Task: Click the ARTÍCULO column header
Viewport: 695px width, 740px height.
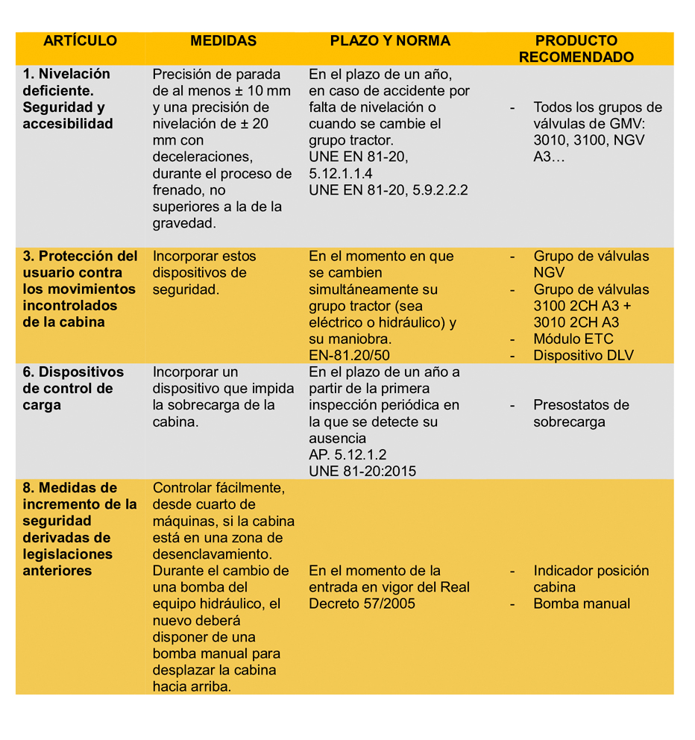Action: tap(80, 41)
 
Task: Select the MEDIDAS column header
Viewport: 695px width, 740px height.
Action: tap(223, 41)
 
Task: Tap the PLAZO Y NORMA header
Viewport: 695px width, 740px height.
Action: tap(390, 41)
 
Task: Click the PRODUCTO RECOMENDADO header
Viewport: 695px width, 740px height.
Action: tap(576, 49)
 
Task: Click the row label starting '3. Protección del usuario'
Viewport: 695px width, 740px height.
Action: tap(80, 289)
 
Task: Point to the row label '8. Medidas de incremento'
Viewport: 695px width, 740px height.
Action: tap(80, 529)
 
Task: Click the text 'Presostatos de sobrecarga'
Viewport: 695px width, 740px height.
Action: tap(581, 413)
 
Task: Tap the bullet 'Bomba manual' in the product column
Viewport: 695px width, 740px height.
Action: tap(582, 603)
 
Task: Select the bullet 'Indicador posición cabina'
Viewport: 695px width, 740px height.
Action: tap(591, 579)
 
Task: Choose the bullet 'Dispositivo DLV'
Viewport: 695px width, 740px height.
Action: tap(583, 355)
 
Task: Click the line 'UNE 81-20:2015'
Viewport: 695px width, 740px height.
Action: tap(362, 471)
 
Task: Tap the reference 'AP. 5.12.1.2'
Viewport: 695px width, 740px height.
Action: tap(347, 454)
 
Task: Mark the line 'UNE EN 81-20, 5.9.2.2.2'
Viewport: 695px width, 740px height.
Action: tap(389, 189)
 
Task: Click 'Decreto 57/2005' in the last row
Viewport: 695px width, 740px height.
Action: tap(362, 603)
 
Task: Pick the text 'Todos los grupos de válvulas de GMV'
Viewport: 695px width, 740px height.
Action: tap(597, 124)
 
